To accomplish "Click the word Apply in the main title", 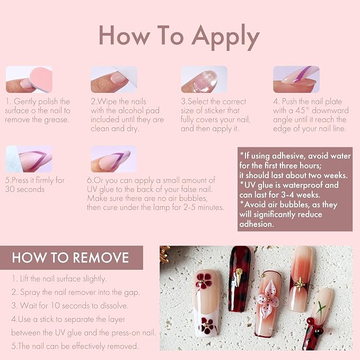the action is pyautogui.click(x=226, y=37).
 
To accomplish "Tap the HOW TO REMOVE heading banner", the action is pyautogui.click(x=72, y=258).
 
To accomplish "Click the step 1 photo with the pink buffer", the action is pyautogui.click(x=29, y=80).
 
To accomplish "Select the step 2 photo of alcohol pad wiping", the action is pyautogui.click(x=114, y=80).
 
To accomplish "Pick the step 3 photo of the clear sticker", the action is pyautogui.click(x=204, y=80).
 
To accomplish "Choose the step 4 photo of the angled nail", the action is pyautogui.click(x=296, y=80).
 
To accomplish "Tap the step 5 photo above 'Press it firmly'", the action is pyautogui.click(x=29, y=159).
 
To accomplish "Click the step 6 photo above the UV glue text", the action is pyautogui.click(x=114, y=159).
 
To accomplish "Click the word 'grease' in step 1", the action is pyautogui.click(x=56, y=120).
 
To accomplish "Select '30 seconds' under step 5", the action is pyautogui.click(x=25, y=189).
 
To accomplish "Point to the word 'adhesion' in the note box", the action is pyautogui.click(x=256, y=224).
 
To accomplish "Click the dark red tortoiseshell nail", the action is pyautogui.click(x=240, y=279).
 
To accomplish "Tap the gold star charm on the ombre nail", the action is pyautogui.click(x=300, y=285).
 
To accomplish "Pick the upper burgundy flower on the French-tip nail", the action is pyautogui.click(x=204, y=280).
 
